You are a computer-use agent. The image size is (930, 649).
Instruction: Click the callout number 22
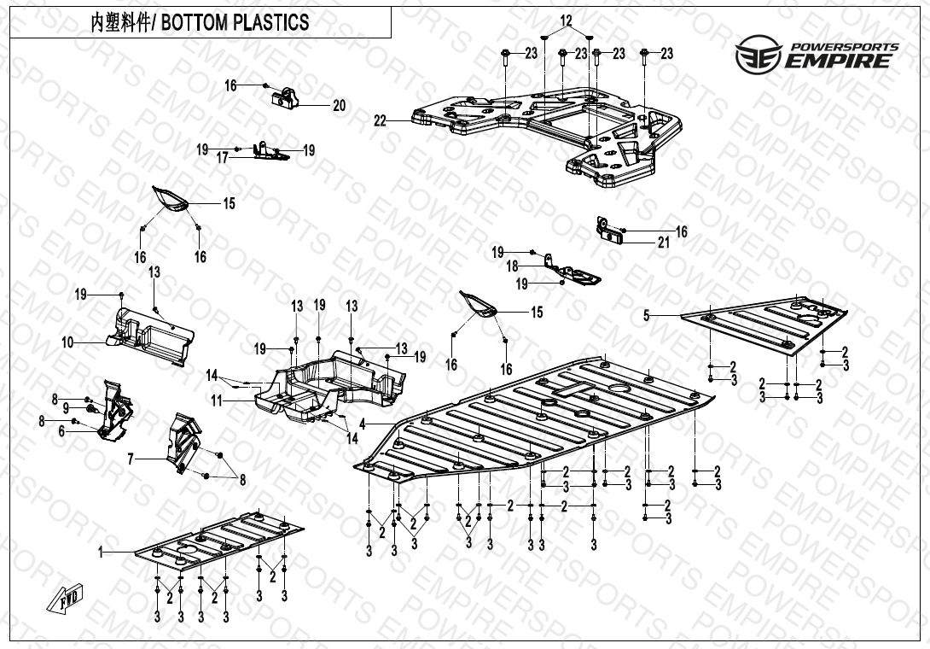pos(380,121)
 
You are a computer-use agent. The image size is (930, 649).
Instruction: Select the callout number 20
pos(339,106)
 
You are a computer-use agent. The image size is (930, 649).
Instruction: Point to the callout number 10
pos(67,343)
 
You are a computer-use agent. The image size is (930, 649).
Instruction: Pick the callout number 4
pos(363,424)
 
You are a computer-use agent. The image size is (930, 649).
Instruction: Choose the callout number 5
pos(647,316)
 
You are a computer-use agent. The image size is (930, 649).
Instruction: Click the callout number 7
pos(131,459)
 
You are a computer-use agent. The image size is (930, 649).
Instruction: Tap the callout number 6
pos(61,432)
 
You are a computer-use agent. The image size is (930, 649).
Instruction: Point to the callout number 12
pos(567,20)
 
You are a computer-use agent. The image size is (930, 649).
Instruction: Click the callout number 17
pos(222,157)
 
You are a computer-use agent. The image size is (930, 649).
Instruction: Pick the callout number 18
pos(513,267)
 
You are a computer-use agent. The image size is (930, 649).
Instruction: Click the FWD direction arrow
pos(69,601)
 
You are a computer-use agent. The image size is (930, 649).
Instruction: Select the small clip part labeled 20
pos(287,99)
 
